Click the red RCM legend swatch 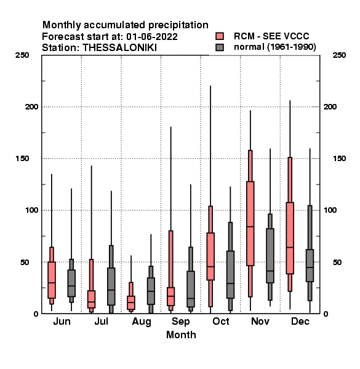pos(220,36)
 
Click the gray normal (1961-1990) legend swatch pos(220,47)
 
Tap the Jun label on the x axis pos(62,322)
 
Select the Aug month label pos(142,322)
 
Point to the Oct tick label pos(220,322)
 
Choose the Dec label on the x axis pos(300,322)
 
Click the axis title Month pos(181,335)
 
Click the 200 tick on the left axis pos(31,107)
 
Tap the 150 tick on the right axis pos(339,159)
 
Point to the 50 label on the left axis pos(25,262)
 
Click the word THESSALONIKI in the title pos(119,48)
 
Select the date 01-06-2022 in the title pos(152,37)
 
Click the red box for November pos(250,224)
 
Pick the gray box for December pos(310,266)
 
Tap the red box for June pos(52,280)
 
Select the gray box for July pos(111,287)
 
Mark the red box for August pos(131,303)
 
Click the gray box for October pos(231,275)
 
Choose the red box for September pos(170,296)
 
